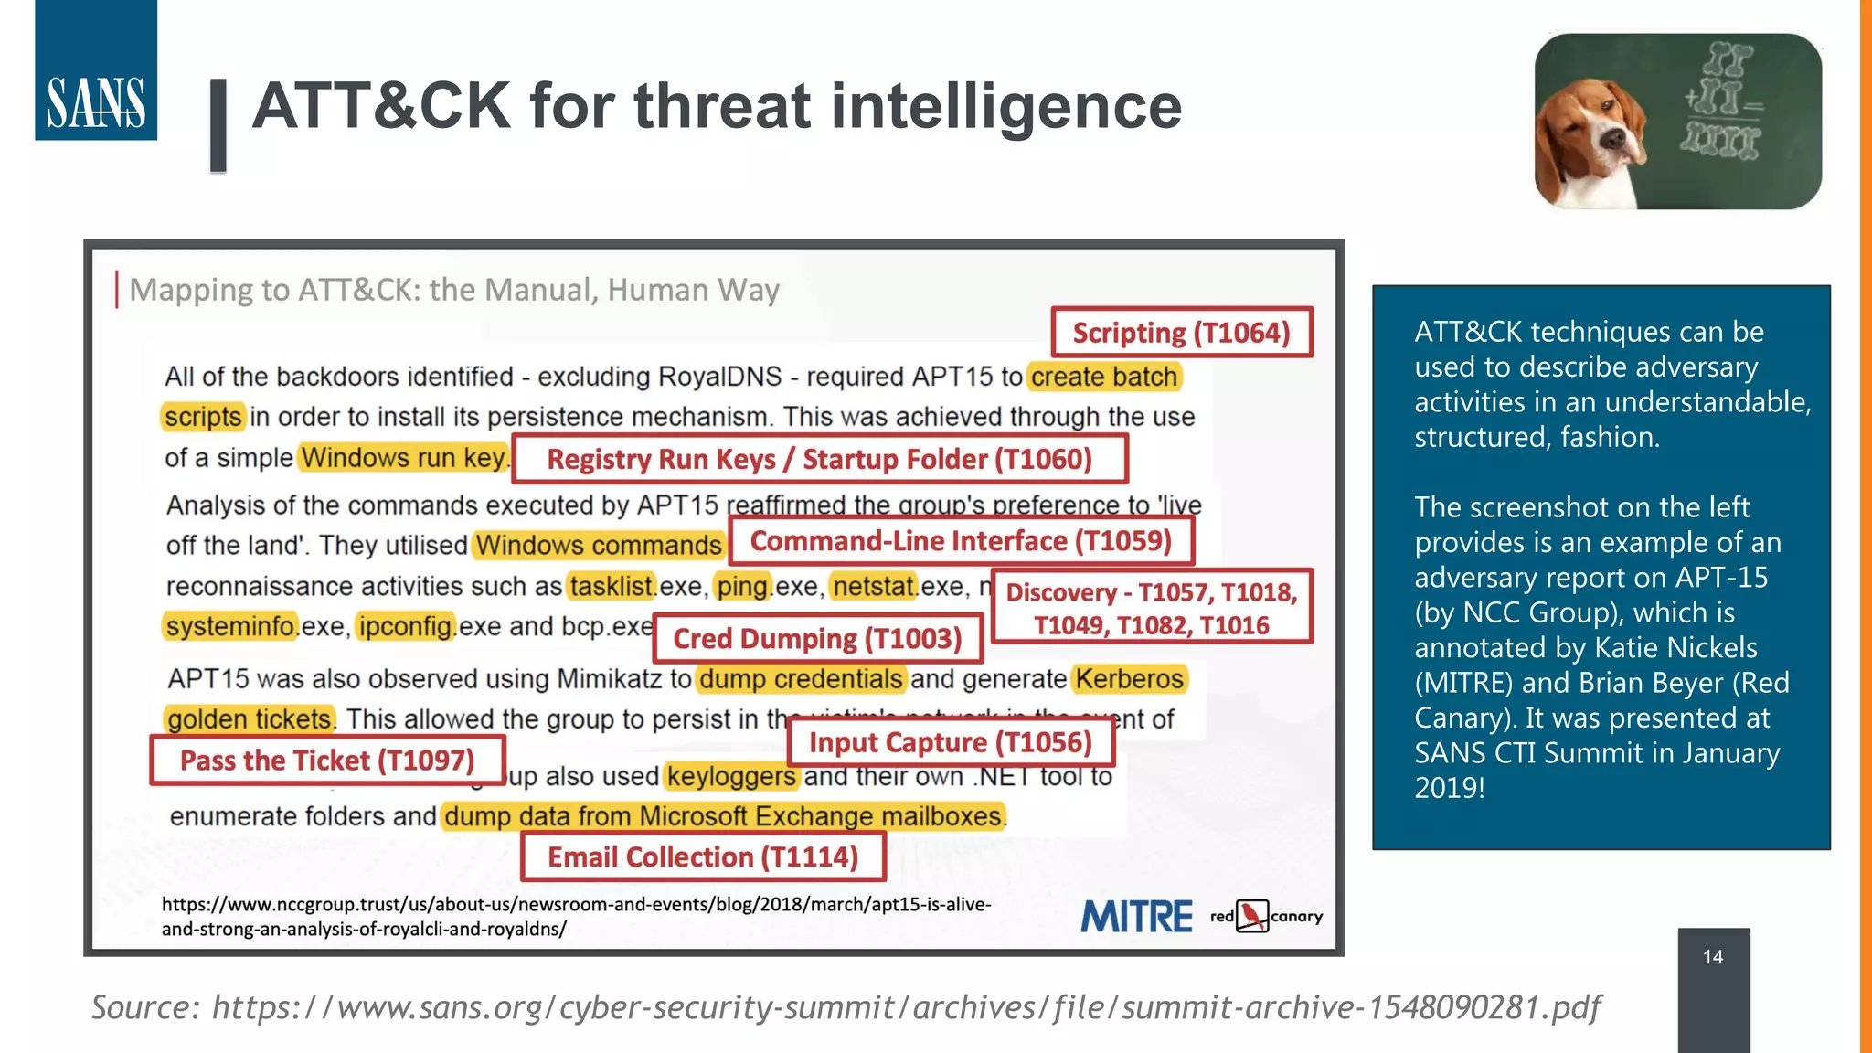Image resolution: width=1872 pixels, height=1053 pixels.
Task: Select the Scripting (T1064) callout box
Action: [x=1181, y=333]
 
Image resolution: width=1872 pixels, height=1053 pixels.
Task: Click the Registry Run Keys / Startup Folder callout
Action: [x=819, y=459]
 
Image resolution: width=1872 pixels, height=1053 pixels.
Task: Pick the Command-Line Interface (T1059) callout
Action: [x=961, y=541]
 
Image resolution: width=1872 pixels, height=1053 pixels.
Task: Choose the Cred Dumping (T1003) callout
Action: [x=818, y=638]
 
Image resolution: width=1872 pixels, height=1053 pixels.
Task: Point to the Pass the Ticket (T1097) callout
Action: [x=327, y=760]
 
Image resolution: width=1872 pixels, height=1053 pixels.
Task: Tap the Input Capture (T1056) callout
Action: [x=950, y=742]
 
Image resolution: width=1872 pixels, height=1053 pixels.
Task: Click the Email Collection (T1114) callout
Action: [x=703, y=857]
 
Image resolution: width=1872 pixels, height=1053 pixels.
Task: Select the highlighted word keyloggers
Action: [x=731, y=776]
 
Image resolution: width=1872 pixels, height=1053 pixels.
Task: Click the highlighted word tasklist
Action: [x=612, y=586]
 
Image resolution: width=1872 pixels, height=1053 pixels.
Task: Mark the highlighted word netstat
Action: [x=874, y=586]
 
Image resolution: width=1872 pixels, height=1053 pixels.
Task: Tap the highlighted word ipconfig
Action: [x=406, y=627]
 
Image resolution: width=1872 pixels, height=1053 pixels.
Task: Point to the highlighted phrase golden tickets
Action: [x=249, y=719]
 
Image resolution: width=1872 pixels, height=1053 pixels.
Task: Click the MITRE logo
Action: [x=1136, y=917]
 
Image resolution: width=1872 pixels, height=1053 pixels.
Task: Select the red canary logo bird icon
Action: [x=1252, y=916]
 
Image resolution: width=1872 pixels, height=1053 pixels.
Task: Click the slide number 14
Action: [x=1713, y=957]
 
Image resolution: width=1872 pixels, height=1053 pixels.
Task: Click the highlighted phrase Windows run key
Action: [x=403, y=458]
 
